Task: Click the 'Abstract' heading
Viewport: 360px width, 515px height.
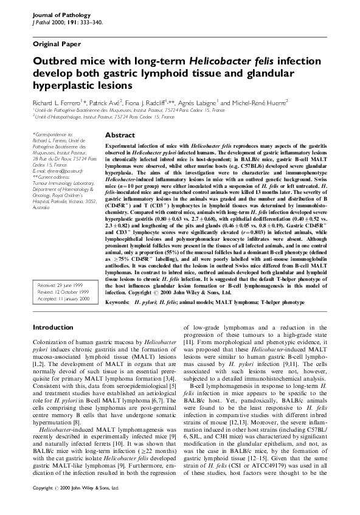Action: pos(119,135)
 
